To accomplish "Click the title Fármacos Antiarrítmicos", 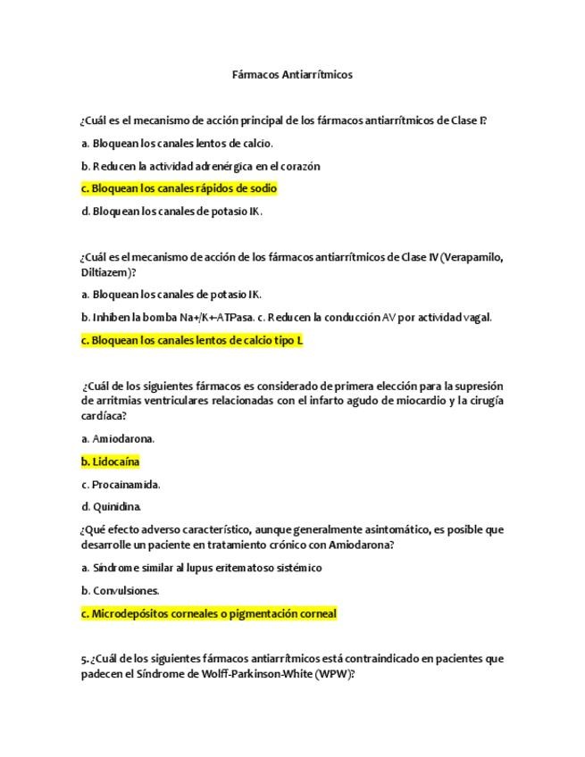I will (292, 75).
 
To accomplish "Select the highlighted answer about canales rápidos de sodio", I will (179, 188).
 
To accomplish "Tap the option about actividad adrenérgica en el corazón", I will (200, 166).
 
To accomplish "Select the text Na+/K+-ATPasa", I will (214, 317).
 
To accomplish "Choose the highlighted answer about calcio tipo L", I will (192, 340).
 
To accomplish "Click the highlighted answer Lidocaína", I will (111, 462).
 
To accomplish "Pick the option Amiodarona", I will (118, 438).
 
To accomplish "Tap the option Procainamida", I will (121, 485).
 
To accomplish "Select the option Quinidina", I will (113, 507).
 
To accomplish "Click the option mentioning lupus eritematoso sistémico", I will (201, 568).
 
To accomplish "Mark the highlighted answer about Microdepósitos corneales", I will (208, 614).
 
